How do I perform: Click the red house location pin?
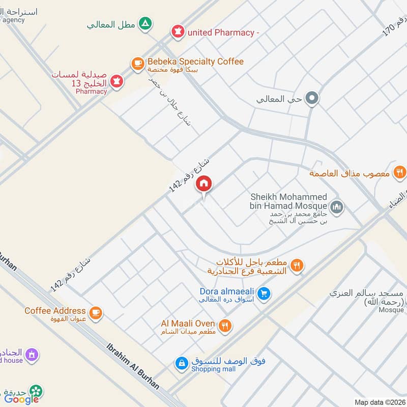[204, 184]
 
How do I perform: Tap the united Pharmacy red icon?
[178, 33]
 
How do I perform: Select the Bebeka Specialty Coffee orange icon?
[137, 63]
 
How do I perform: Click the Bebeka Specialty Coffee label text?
[195, 62]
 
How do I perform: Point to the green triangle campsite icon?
[146, 23]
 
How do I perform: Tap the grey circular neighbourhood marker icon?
[312, 99]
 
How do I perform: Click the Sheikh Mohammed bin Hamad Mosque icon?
[336, 207]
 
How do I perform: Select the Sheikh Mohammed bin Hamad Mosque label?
[288, 201]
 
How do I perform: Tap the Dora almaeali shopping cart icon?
[263, 293]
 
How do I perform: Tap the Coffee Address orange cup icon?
[95, 312]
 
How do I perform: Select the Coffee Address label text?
[55, 311]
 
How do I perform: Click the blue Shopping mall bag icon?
[181, 363]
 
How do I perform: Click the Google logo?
[22, 399]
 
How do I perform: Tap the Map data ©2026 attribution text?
[379, 402]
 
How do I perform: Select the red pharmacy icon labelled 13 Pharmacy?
[117, 81]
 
